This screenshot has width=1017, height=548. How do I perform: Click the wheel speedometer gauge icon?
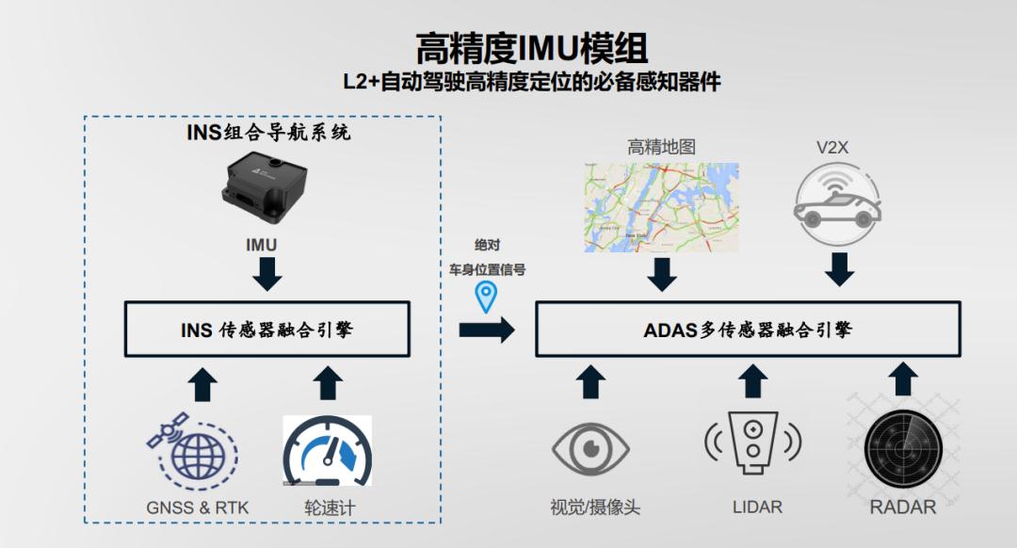tap(328, 451)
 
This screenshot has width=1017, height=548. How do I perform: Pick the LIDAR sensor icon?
tap(752, 440)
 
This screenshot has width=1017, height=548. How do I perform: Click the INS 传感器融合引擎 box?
tap(267, 329)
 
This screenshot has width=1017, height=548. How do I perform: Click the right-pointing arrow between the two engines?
tap(487, 330)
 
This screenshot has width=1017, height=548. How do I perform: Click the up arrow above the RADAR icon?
tap(903, 379)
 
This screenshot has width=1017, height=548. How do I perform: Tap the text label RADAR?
tap(903, 507)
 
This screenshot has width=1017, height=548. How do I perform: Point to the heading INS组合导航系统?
tap(268, 133)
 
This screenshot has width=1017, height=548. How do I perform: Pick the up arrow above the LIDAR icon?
tap(752, 380)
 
